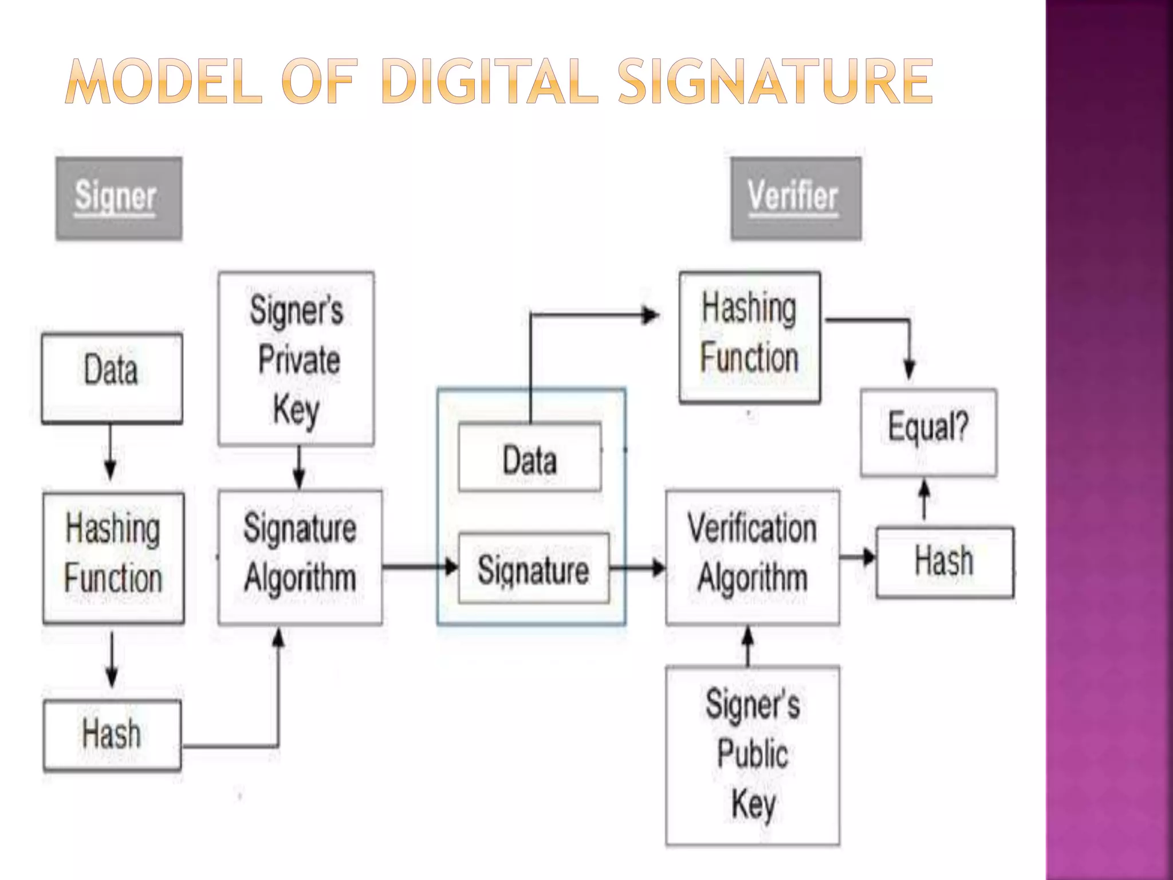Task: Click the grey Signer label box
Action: point(119,198)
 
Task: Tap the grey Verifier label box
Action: point(796,198)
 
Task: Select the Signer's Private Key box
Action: point(296,359)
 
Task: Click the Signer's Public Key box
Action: point(753,755)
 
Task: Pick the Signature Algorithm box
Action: point(300,556)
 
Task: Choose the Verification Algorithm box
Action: point(753,556)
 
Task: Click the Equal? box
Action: point(928,432)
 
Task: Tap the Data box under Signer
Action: point(112,378)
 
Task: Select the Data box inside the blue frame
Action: point(530,457)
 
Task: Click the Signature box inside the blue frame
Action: point(533,568)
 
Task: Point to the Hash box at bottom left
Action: point(112,735)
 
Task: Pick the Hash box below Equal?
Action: point(944,561)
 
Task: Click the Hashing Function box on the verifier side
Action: point(749,337)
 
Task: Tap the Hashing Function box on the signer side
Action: point(113,557)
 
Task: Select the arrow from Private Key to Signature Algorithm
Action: point(298,467)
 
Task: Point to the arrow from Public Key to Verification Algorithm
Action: point(747,646)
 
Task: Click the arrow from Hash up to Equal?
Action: point(924,500)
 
